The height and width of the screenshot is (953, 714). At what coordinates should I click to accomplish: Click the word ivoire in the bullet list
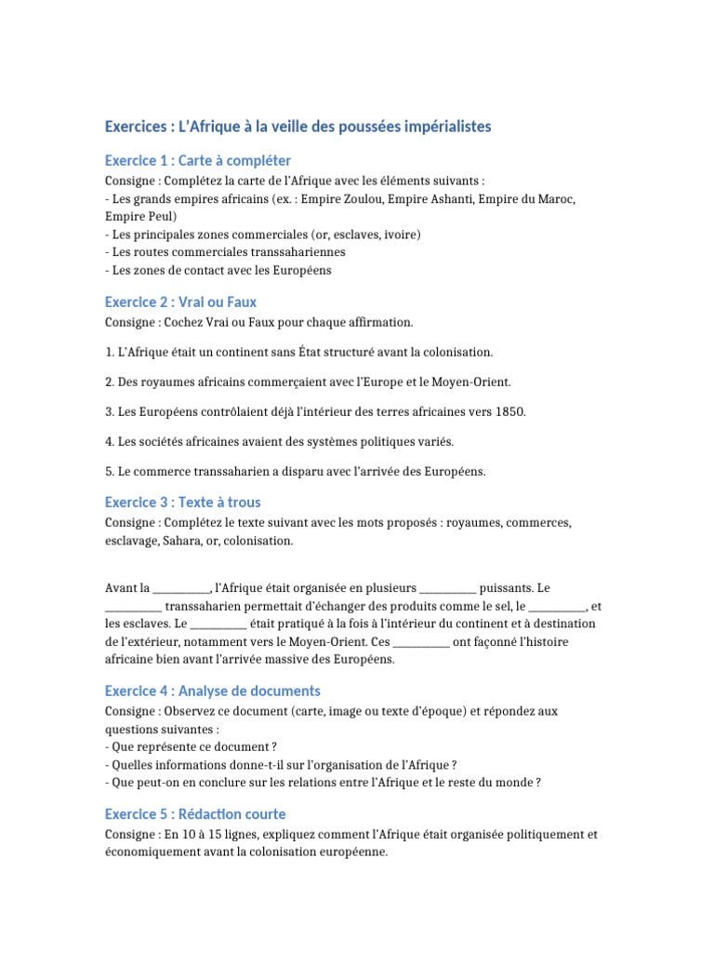coord(400,235)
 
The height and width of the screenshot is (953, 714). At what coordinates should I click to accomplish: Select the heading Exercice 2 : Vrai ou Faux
coord(180,302)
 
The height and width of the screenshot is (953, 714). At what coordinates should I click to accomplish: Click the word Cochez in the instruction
coord(185,322)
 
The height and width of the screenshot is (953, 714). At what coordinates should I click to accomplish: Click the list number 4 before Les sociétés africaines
coord(109,441)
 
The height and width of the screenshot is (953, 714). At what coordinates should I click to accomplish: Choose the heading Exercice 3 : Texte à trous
coord(182,502)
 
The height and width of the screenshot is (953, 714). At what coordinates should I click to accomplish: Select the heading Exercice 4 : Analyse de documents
coord(212,691)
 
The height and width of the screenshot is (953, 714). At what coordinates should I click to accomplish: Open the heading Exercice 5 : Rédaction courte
coord(195,813)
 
